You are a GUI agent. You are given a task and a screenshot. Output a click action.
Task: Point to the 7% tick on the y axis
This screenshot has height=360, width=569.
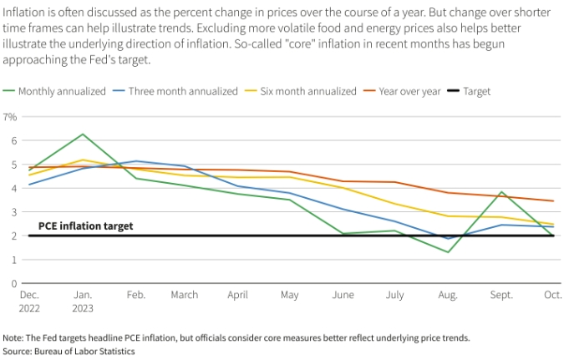click(11, 117)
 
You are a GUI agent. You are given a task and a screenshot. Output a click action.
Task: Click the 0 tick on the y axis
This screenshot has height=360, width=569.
click(13, 283)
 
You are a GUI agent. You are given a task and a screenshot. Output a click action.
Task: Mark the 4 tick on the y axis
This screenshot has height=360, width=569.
click(13, 188)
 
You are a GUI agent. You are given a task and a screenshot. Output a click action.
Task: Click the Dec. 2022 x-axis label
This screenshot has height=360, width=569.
click(30, 301)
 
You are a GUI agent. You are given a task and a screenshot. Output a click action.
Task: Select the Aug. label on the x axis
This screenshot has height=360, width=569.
click(448, 295)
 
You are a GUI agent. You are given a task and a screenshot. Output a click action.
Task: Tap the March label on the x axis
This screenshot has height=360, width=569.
click(185, 295)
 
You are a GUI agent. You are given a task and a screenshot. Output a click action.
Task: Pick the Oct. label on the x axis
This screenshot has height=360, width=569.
click(552, 295)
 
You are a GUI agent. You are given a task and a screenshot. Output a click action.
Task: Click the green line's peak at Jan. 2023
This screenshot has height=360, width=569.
click(83, 134)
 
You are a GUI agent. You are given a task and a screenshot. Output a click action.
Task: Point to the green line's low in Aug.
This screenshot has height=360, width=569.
click(448, 252)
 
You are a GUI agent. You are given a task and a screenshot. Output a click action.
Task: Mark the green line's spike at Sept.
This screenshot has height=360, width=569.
click(500, 192)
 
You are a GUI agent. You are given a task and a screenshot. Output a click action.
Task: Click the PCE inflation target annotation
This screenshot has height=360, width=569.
click(86, 226)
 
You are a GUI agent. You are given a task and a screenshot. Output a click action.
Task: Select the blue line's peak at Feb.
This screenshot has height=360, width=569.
click(135, 161)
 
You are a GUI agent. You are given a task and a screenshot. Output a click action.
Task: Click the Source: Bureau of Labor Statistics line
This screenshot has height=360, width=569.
click(69, 352)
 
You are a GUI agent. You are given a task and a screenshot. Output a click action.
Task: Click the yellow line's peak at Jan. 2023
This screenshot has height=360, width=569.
click(83, 160)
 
